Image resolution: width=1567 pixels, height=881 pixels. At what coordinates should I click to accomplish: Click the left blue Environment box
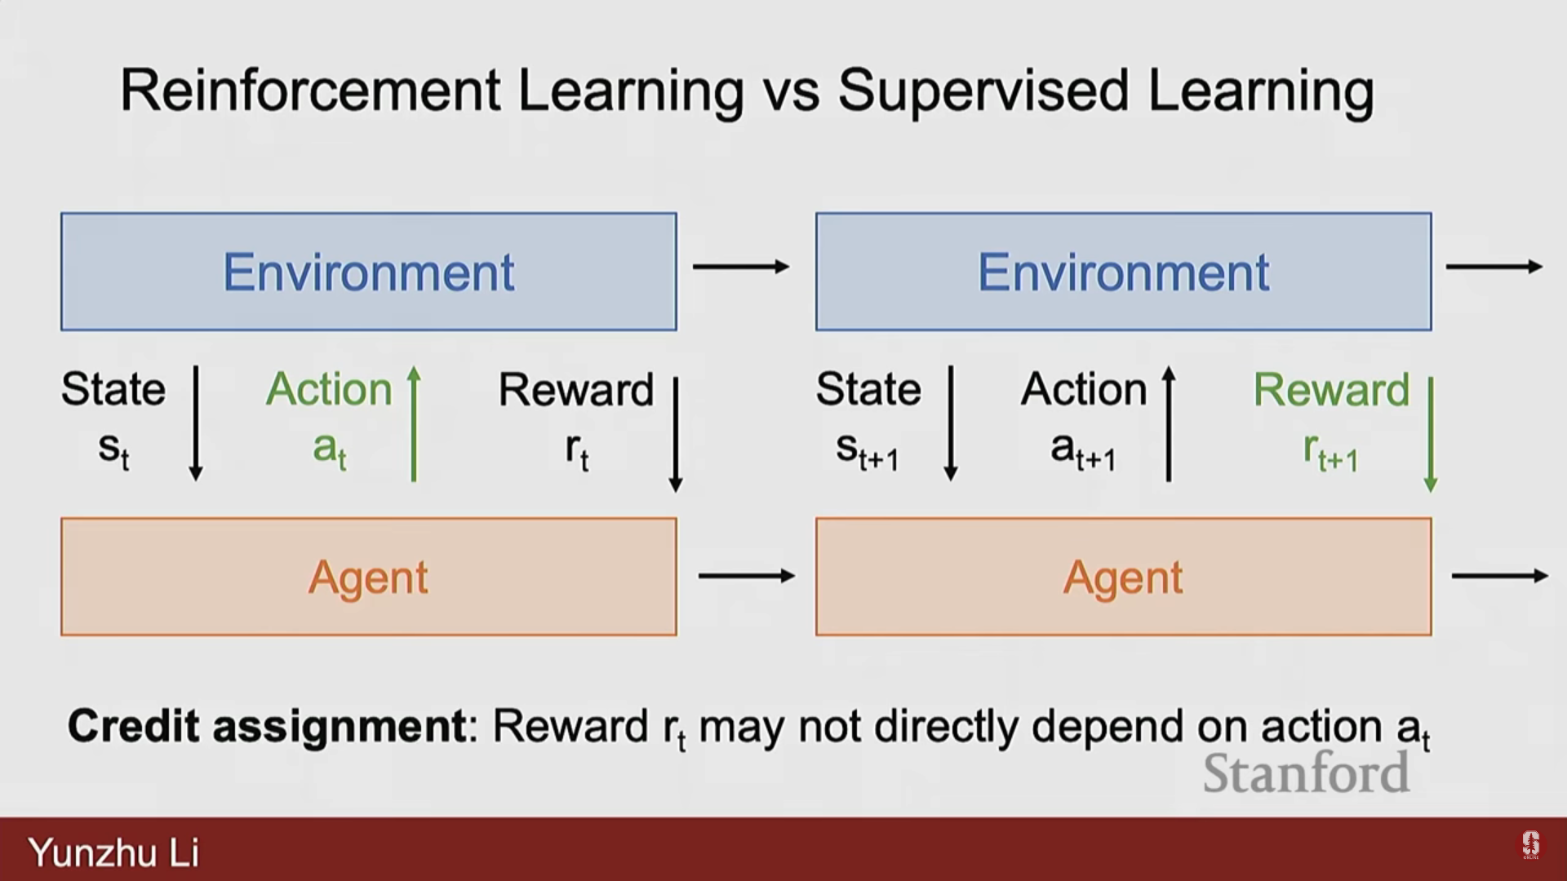tap(368, 272)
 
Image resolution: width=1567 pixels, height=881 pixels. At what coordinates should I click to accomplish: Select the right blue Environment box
tap(1123, 272)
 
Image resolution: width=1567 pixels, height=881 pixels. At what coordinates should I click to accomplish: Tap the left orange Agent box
tap(368, 577)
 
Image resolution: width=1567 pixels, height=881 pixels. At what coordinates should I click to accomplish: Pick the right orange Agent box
tap(1123, 577)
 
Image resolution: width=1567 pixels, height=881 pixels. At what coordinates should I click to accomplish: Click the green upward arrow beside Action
tap(414, 424)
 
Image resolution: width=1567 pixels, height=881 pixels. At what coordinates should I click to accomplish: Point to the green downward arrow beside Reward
tap(1430, 434)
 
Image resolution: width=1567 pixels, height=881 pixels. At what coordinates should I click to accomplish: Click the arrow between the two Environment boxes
tap(741, 266)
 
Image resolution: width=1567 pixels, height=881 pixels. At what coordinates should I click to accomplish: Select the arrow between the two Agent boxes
tap(747, 576)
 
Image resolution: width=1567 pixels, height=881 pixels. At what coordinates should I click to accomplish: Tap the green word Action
tap(330, 389)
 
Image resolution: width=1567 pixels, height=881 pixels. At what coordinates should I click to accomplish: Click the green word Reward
tap(1331, 389)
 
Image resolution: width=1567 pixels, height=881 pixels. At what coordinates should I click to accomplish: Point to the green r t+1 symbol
tap(1330, 452)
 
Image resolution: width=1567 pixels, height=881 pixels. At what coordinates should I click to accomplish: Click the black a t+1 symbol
tap(1083, 451)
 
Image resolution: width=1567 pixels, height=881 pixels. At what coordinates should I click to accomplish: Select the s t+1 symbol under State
tap(868, 451)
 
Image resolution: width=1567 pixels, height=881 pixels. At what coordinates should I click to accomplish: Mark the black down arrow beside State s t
tap(196, 423)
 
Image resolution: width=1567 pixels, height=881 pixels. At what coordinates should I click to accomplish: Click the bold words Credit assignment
tap(267, 726)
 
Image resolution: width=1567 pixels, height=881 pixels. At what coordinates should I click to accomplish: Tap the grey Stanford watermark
tap(1306, 773)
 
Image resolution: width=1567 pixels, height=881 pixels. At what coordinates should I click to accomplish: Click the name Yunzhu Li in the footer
tap(113, 852)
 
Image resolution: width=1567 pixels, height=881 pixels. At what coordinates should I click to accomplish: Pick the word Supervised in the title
tap(983, 91)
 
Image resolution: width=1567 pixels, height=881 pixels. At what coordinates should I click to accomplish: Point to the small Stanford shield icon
tap(1530, 844)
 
